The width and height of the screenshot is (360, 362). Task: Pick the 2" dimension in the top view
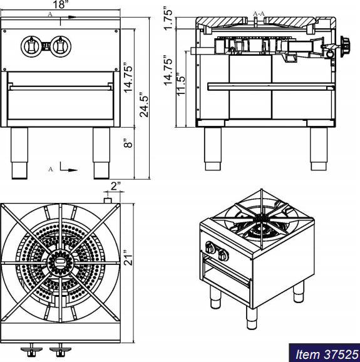(115, 186)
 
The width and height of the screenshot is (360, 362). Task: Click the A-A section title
(259, 13)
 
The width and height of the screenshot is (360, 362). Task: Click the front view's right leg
(101, 152)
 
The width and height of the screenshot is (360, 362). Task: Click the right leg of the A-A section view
(319, 148)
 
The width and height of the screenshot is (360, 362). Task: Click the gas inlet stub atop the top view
(108, 200)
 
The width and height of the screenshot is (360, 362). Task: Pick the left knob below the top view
(29, 348)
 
